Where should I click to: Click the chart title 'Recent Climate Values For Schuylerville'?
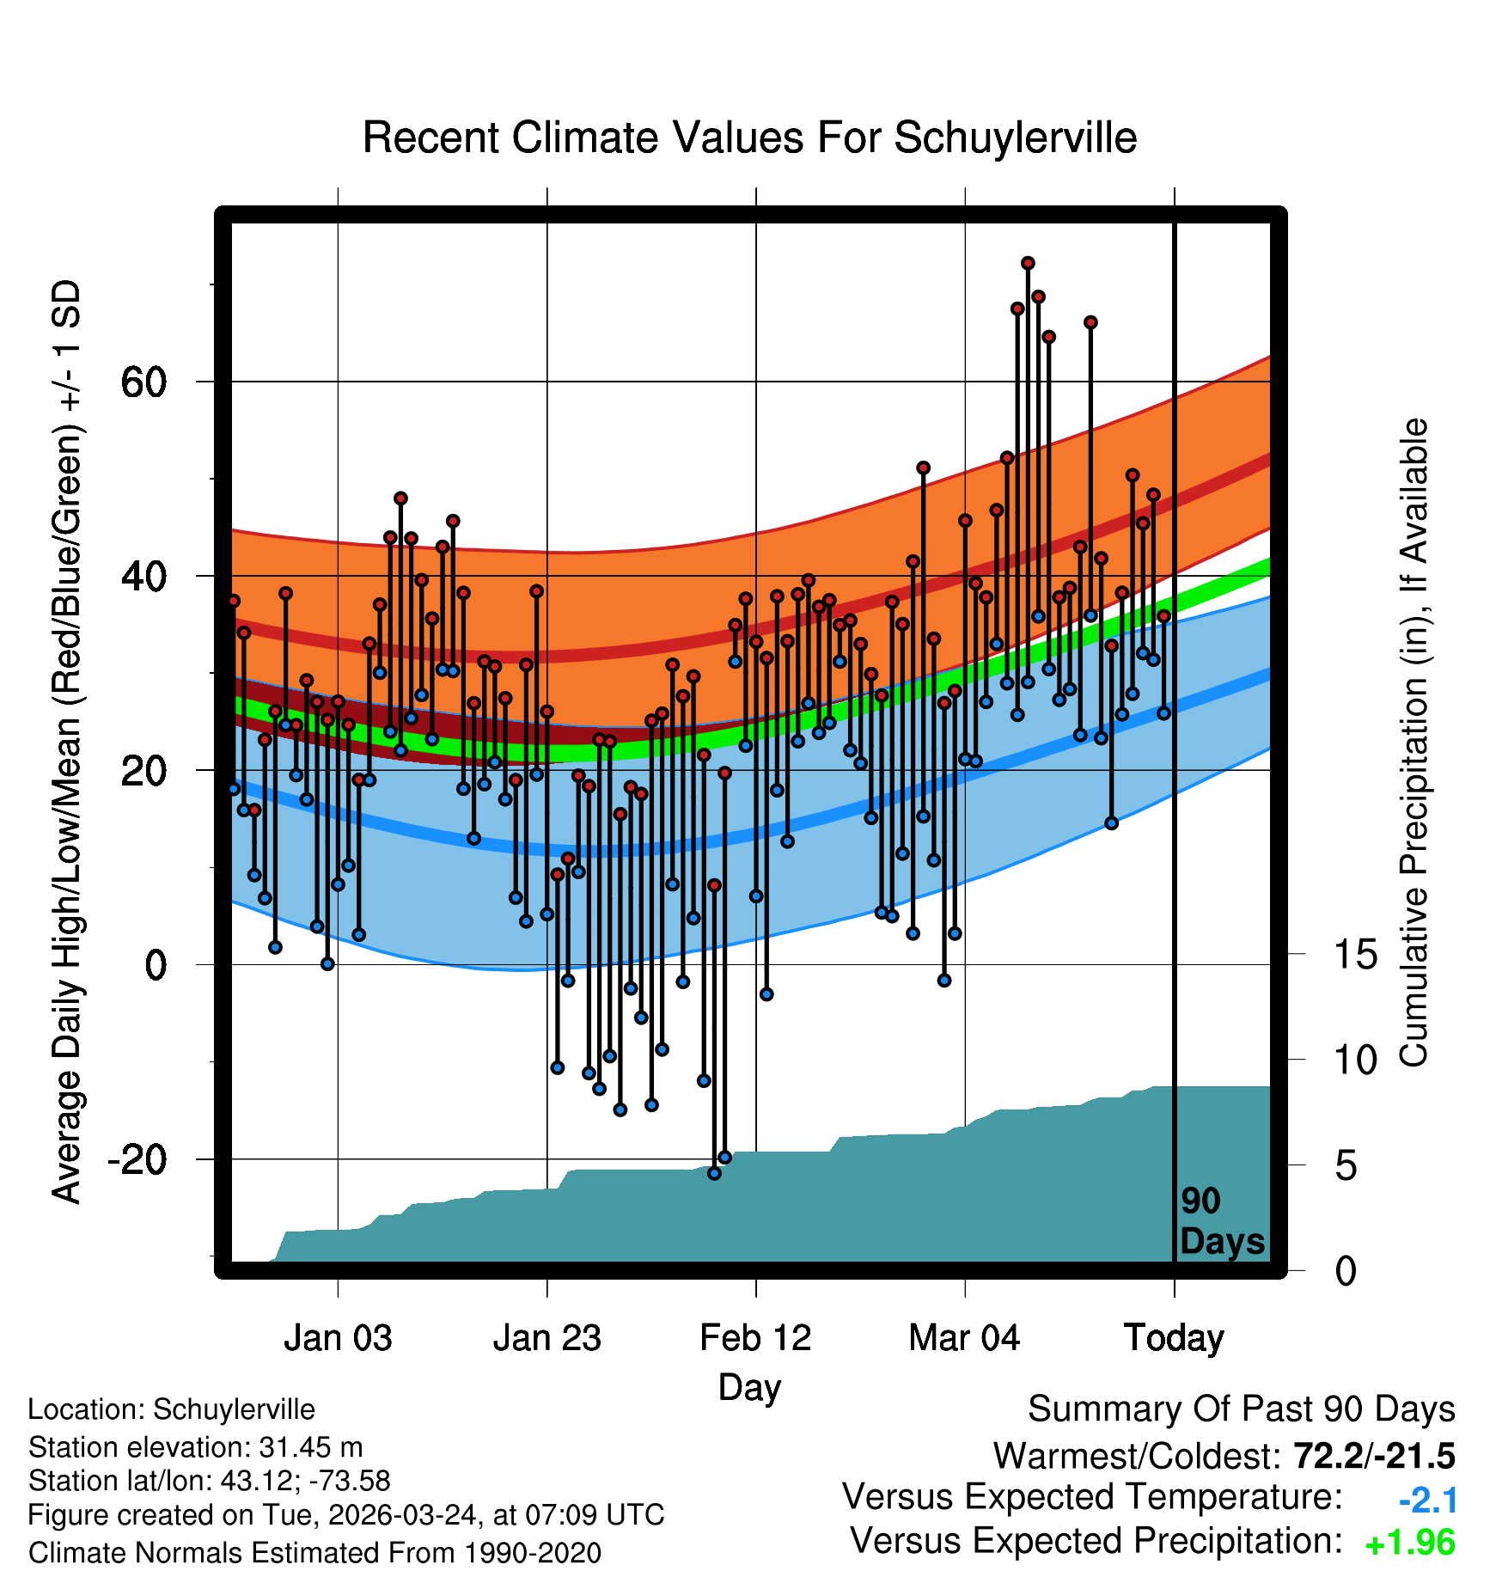tap(749, 138)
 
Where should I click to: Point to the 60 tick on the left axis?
tap(143, 382)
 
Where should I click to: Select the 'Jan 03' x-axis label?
tap(338, 1338)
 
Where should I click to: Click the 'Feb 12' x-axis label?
tap(755, 1338)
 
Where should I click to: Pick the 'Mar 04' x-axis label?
tap(964, 1338)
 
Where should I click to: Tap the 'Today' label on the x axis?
tap(1174, 1338)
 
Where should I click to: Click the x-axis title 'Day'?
tap(749, 1387)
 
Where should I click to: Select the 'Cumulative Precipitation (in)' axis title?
tap(1413, 743)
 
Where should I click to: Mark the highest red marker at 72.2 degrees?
tap(1028, 263)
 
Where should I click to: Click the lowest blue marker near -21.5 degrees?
tap(714, 1173)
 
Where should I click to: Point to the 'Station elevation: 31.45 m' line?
tap(195, 1447)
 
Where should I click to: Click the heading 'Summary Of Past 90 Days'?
tap(1241, 1409)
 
